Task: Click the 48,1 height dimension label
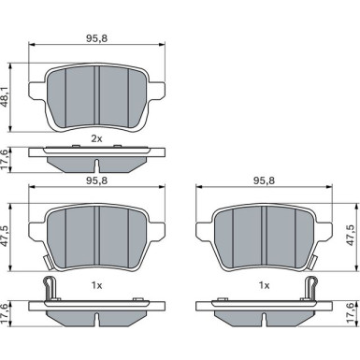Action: coord(6,97)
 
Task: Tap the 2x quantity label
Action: coord(96,139)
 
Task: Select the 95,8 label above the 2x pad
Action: coord(96,38)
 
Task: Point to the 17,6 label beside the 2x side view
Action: coord(6,160)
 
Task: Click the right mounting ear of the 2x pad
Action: coord(156,91)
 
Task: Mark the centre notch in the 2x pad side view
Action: coord(97,166)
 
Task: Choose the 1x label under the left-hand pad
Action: coord(96,285)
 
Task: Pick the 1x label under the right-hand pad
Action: coord(264,285)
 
